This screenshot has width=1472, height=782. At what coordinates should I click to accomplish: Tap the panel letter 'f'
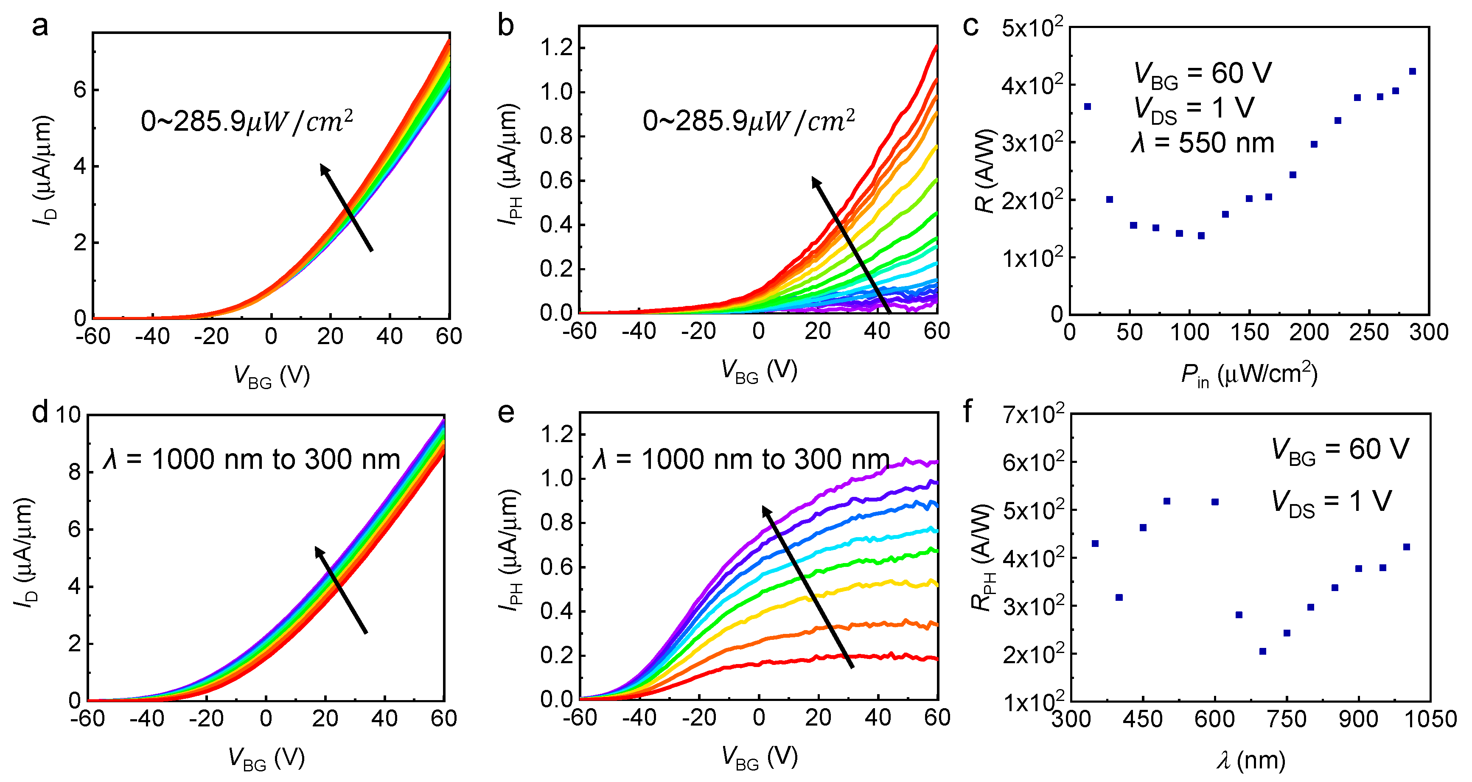click(967, 411)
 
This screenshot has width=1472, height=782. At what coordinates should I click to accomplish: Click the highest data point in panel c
click(1413, 71)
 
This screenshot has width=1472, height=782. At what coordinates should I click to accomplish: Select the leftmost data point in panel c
click(1088, 107)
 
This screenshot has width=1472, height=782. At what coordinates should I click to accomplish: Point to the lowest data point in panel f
click(1263, 651)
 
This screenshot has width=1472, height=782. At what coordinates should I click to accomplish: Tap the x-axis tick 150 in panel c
click(1249, 333)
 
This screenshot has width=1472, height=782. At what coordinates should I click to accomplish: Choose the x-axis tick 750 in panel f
click(1286, 719)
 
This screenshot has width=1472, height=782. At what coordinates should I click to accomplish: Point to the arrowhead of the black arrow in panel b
click(815, 180)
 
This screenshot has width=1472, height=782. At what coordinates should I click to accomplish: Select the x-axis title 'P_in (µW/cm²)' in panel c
click(1249, 375)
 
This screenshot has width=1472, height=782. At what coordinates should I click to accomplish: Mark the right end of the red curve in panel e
click(936, 659)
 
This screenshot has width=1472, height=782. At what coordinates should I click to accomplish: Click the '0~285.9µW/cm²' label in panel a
click(247, 121)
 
